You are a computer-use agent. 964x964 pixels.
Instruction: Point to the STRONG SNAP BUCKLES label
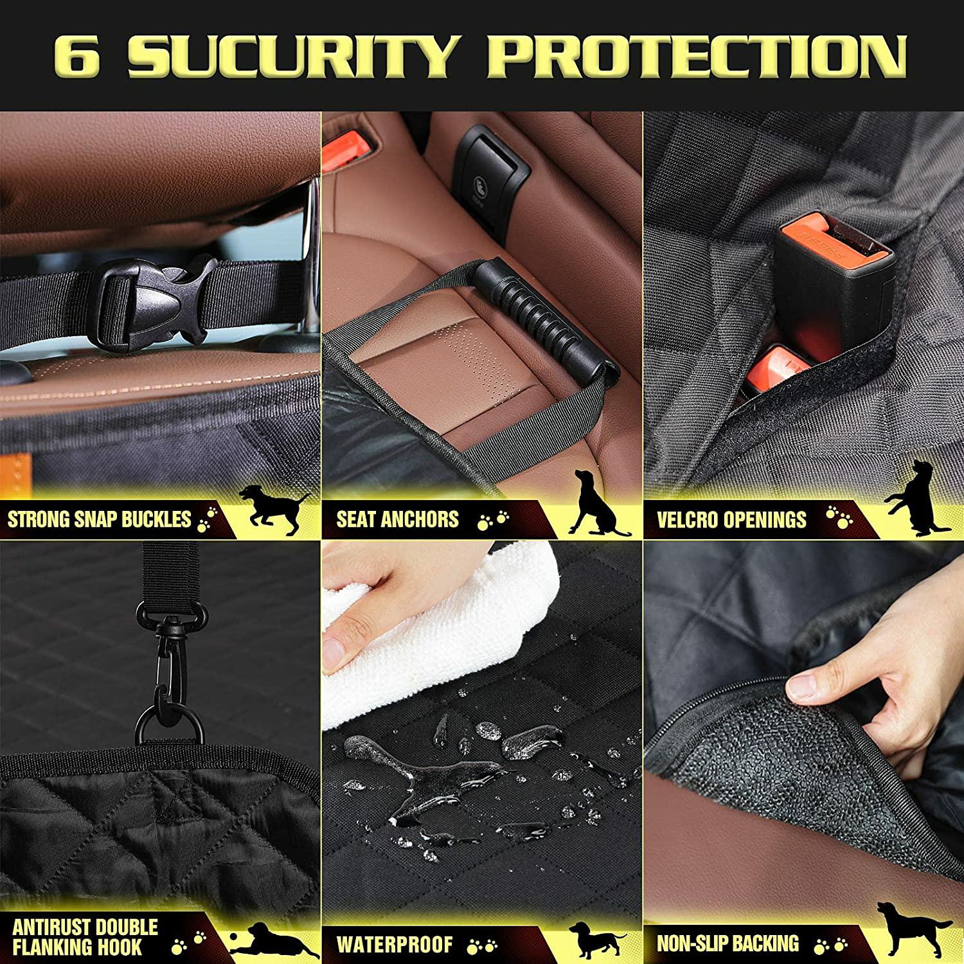100,519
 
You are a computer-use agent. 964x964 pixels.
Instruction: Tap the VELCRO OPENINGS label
731,519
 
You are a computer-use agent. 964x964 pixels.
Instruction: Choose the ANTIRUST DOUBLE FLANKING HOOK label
85,936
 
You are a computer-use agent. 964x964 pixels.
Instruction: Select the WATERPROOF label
395,944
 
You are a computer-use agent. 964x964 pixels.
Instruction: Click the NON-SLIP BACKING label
727,943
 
